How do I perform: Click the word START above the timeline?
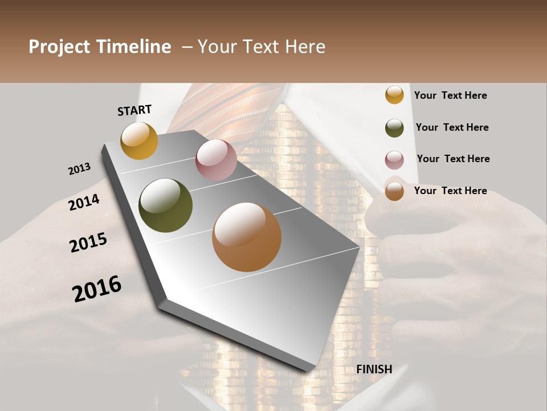134,110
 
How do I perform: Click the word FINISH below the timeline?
374,369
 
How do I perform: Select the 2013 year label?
79,169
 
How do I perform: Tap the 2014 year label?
84,202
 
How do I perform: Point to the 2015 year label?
88,243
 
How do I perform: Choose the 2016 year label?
97,289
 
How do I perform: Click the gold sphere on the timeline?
139,140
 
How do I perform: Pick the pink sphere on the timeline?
216,160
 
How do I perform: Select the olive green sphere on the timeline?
165,205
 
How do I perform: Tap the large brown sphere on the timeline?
247,237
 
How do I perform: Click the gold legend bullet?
394,95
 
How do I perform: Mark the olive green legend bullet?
394,128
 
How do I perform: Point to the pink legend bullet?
394,160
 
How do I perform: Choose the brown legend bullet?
394,191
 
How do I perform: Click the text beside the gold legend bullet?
451,96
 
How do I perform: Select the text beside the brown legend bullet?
451,191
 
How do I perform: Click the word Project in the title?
59,47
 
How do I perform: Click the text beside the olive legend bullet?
452,127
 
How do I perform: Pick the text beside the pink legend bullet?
454,159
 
